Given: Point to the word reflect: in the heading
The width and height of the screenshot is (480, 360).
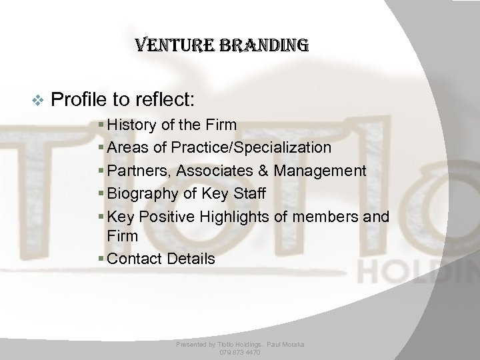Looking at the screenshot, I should point(163,100).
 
